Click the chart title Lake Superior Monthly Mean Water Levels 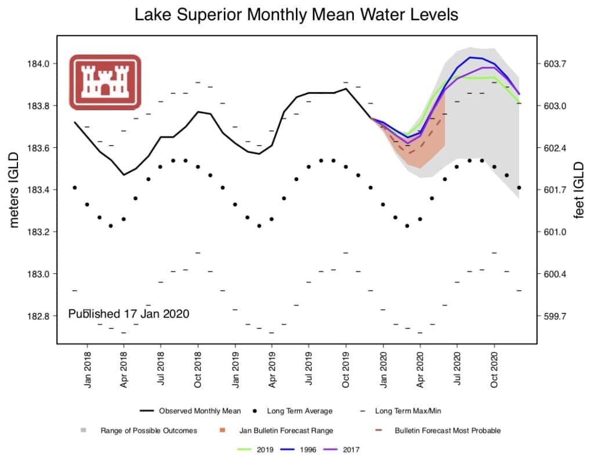(x=296, y=15)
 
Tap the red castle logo (x=105, y=82)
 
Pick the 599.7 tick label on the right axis (x=551, y=316)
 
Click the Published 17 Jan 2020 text (x=129, y=313)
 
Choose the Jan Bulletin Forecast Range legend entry (x=281, y=431)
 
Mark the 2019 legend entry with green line (x=256, y=449)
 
